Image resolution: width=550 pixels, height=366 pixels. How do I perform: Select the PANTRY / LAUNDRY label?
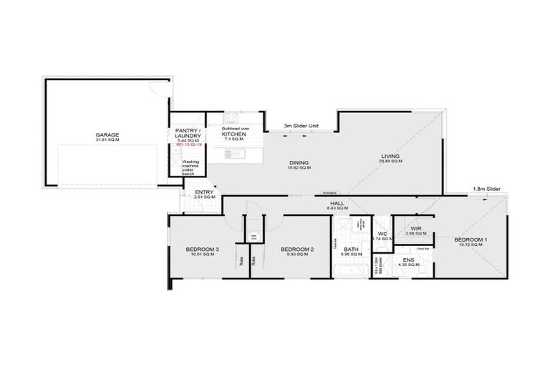click(188, 134)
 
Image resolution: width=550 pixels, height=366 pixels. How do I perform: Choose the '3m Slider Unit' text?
click(301, 127)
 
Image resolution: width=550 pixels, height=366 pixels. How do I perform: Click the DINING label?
click(299, 162)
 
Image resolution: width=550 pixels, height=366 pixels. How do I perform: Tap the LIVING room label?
click(390, 156)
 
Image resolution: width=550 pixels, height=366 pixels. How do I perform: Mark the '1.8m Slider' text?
click(487, 189)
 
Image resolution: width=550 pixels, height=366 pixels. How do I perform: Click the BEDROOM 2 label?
click(297, 249)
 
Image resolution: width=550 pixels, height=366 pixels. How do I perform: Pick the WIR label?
click(415, 229)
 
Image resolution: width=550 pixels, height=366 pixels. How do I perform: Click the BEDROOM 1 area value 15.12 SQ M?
click(471, 244)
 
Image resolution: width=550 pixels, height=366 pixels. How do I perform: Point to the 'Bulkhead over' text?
click(234, 129)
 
